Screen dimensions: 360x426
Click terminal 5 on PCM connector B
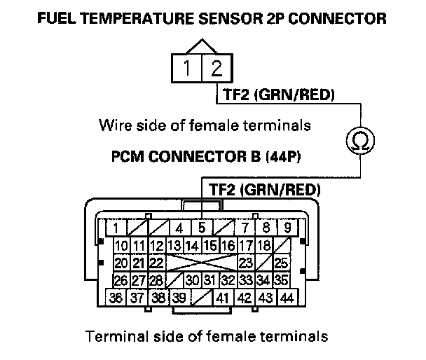coord(201,228)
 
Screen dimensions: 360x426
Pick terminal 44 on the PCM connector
coord(285,297)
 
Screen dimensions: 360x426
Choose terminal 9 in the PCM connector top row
coord(287,228)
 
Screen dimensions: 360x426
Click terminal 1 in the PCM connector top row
coord(116,228)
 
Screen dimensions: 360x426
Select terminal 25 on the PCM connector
coord(282,263)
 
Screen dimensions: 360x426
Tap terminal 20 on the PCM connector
coord(121,263)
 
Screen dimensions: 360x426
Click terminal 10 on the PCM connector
coord(121,246)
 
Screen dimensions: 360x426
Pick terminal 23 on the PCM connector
coord(245,263)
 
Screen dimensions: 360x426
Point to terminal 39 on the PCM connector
coord(180,297)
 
